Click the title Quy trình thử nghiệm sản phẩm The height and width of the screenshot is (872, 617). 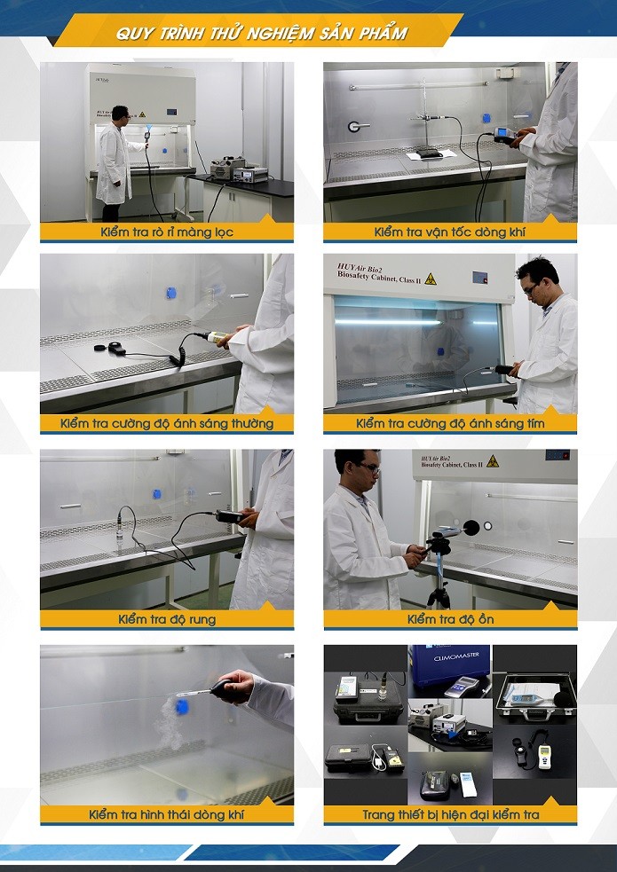coord(261,34)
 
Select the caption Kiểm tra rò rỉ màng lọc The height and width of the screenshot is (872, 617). coord(167,232)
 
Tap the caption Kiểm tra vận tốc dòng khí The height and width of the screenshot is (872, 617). coord(450,232)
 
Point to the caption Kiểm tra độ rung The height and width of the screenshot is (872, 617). coord(167,619)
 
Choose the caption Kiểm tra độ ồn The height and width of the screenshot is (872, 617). coord(450,619)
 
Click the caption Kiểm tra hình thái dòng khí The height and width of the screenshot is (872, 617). coord(167,814)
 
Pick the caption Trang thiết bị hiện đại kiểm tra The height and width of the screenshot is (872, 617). coord(450,814)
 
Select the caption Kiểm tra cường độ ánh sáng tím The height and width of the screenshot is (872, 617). coord(450,424)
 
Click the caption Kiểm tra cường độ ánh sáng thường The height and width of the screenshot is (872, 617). coord(167,424)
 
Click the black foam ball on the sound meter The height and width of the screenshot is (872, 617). coord(471,528)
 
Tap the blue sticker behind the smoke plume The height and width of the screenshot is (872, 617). coord(182,706)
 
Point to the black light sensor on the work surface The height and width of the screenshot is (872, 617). coord(116,348)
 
